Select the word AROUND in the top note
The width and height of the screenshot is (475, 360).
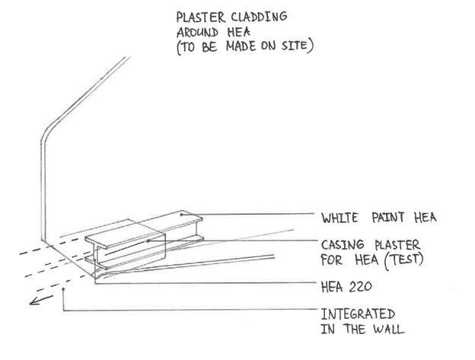click(x=197, y=33)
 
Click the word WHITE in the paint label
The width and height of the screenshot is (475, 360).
click(x=340, y=218)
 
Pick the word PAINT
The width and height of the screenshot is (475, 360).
click(x=388, y=218)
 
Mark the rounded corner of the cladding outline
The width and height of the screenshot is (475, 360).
click(x=47, y=135)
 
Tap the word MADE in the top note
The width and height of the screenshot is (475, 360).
click(x=253, y=46)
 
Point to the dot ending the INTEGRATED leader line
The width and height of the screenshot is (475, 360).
click(x=63, y=289)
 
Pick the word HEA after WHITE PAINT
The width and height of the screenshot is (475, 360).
click(x=423, y=218)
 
